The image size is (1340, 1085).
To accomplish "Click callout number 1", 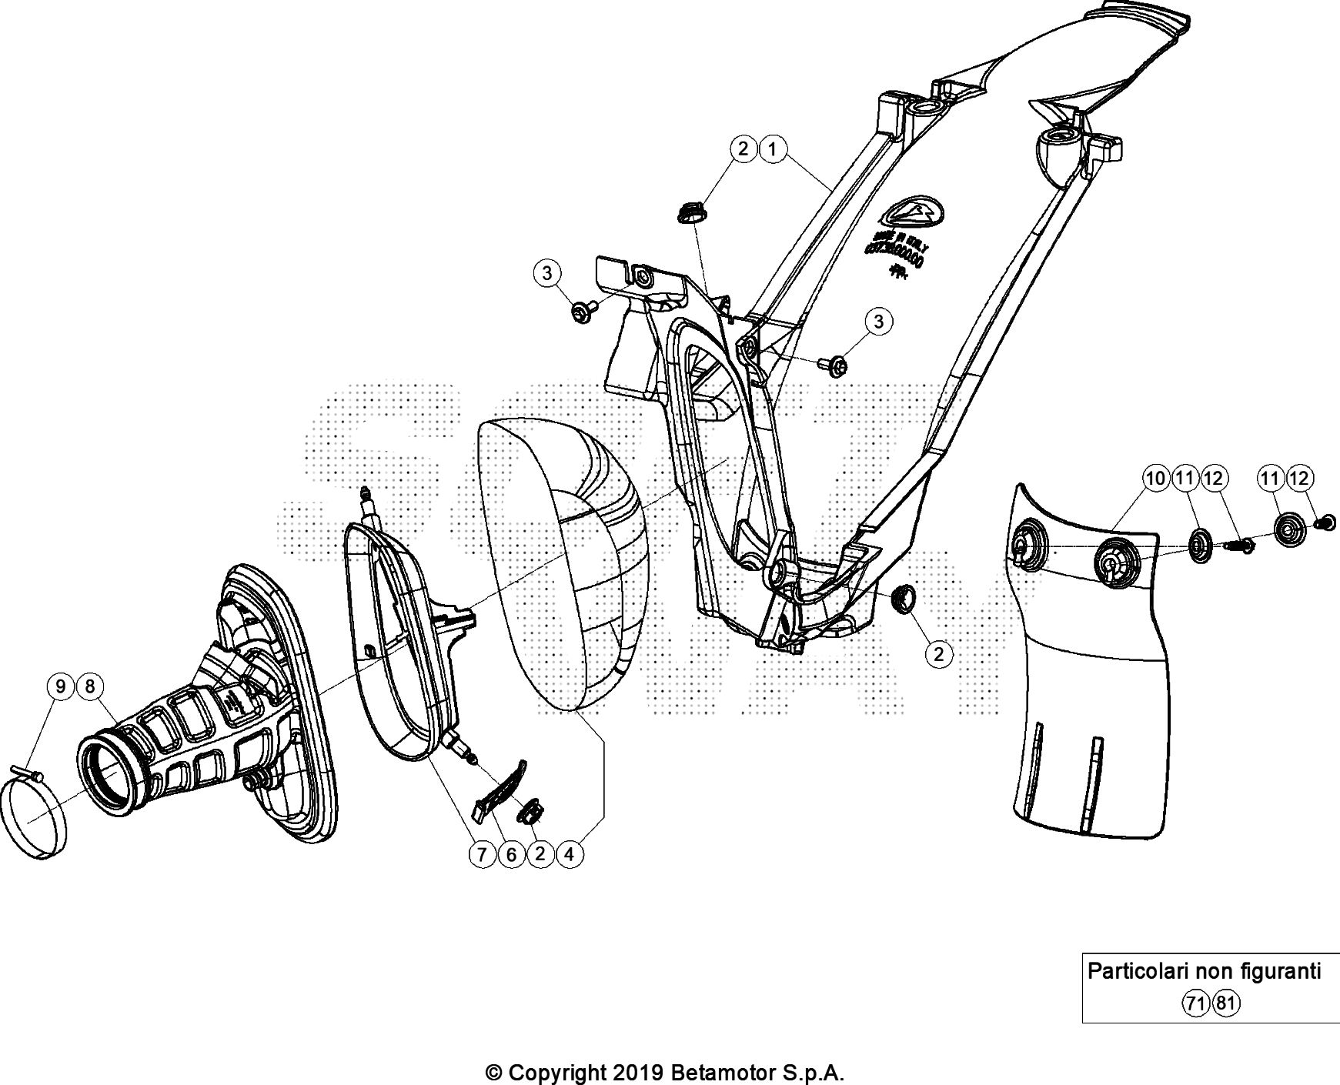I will click(x=773, y=149).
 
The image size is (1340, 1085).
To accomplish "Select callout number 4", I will click(x=570, y=853).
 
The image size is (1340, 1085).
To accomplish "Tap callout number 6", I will click(x=511, y=853).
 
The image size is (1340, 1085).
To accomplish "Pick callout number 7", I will click(x=483, y=853).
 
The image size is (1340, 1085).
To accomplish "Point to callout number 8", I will click(x=90, y=686).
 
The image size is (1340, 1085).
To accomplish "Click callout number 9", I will click(x=61, y=686).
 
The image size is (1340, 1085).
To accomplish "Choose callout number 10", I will click(x=1156, y=479).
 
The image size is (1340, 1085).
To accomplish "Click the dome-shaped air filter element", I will click(x=566, y=562).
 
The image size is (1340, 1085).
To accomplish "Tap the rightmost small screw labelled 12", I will click(x=1326, y=523).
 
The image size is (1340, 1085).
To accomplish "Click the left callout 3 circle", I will click(x=547, y=272).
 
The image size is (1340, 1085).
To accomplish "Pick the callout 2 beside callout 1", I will click(x=744, y=149).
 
